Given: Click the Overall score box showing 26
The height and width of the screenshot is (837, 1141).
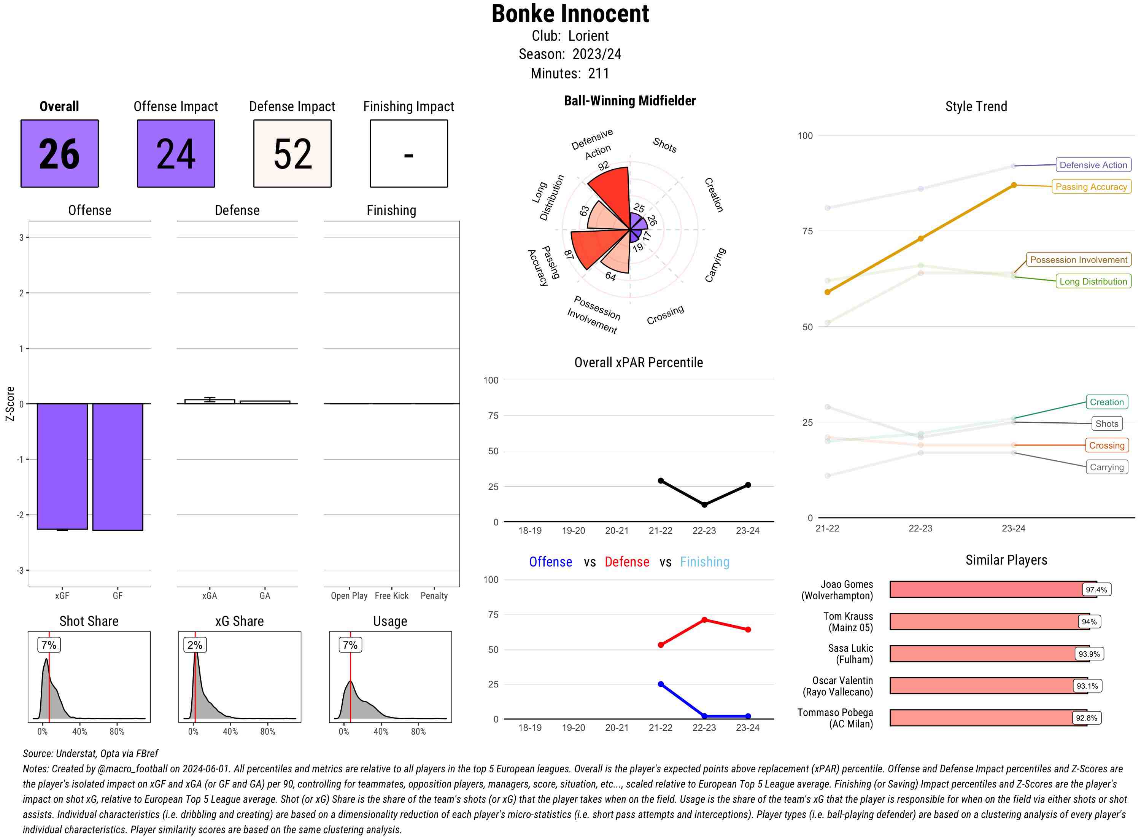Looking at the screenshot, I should (x=59, y=154).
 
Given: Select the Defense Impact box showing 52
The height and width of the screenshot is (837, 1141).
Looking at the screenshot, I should (x=292, y=154).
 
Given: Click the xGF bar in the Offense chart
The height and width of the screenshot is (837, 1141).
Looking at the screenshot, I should (x=62, y=466).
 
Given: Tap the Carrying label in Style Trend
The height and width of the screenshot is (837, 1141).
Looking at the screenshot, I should (x=1106, y=467).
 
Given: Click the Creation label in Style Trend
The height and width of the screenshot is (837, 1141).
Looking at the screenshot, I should (x=1106, y=402).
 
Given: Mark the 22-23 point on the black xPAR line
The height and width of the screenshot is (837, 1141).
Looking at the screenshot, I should (x=704, y=504).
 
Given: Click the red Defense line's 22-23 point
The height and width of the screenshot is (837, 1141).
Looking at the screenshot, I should (x=704, y=620).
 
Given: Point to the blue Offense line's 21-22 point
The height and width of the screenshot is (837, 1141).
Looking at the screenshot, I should (x=660, y=684).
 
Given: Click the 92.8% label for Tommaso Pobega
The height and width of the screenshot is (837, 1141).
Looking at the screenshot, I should (x=1086, y=718).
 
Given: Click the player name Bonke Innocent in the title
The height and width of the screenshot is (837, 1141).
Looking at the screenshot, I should (x=570, y=14).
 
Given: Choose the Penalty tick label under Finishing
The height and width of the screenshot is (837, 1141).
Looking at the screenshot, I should (x=434, y=596).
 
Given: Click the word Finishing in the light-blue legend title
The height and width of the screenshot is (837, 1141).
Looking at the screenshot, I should (x=704, y=562).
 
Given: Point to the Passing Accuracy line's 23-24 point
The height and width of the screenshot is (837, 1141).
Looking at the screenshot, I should (x=1013, y=185).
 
